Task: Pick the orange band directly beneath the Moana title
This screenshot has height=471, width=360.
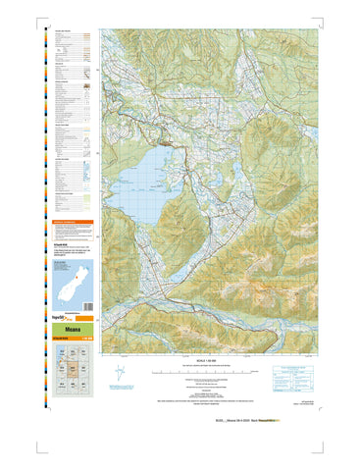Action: click(x=71, y=340)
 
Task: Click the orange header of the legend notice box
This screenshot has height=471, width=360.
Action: click(x=71, y=224)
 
